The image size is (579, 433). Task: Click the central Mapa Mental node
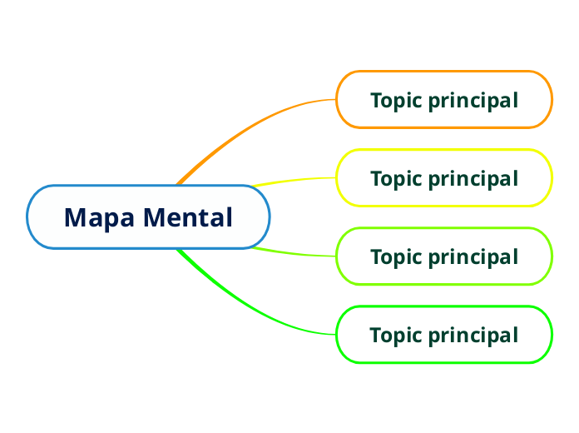click(148, 217)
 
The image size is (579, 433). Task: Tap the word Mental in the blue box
click(187, 217)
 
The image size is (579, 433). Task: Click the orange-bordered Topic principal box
click(443, 100)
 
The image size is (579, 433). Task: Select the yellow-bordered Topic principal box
click(443, 178)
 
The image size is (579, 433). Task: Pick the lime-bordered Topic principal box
click(443, 256)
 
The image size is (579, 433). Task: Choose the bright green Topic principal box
click(443, 335)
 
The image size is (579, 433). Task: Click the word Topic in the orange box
click(396, 101)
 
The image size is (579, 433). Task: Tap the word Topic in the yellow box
click(396, 179)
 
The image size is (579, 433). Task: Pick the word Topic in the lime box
click(396, 257)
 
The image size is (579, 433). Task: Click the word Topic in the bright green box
click(396, 336)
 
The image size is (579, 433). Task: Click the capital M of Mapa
click(76, 218)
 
